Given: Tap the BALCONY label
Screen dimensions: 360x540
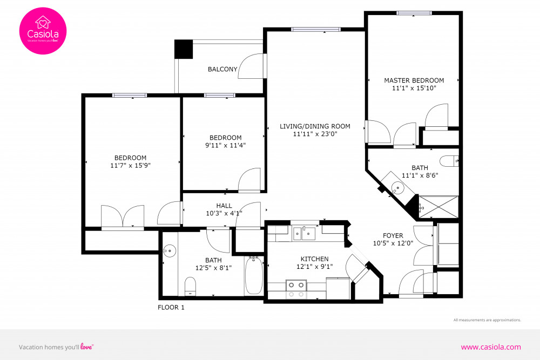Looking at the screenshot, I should pyautogui.click(x=222, y=69).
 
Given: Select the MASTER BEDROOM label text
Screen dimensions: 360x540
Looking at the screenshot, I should pyautogui.click(x=414, y=80).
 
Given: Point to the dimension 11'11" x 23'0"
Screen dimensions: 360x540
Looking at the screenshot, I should pyautogui.click(x=315, y=134).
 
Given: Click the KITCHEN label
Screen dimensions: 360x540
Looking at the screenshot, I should pyautogui.click(x=314, y=259).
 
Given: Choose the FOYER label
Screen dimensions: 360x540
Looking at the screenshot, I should pyautogui.click(x=393, y=235).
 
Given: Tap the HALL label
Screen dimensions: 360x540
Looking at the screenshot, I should pyautogui.click(x=224, y=206).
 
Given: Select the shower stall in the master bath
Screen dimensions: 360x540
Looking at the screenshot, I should pyautogui.click(x=438, y=207).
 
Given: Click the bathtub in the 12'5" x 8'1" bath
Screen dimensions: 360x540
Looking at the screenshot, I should pyautogui.click(x=254, y=276).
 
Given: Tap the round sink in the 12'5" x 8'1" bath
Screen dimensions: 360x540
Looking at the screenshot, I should pyautogui.click(x=170, y=250).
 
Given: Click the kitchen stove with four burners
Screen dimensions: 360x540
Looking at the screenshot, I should pyautogui.click(x=295, y=289).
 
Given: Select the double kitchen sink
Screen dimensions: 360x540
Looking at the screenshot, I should pyautogui.click(x=304, y=233).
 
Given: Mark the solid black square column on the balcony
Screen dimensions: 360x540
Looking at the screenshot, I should pyautogui.click(x=183, y=50).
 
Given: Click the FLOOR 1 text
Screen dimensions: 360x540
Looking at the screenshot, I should pyautogui.click(x=171, y=308).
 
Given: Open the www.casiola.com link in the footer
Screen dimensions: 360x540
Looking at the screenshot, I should pyautogui.click(x=490, y=347).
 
